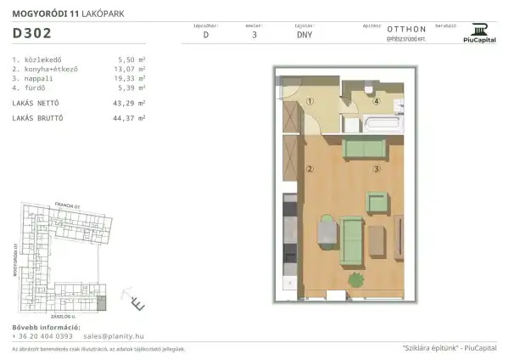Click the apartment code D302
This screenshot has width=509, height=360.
click(x=32, y=34)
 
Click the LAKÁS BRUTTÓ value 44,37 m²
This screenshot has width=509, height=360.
click(x=131, y=116)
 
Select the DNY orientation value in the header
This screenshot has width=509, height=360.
click(x=304, y=36)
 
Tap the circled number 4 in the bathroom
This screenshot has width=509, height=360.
click(x=376, y=100)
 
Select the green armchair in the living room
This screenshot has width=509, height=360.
click(x=377, y=202)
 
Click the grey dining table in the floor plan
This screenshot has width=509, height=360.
click(x=325, y=231)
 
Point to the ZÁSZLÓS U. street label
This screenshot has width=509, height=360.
click(x=66, y=314)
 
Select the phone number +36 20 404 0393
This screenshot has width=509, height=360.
click(x=44, y=335)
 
